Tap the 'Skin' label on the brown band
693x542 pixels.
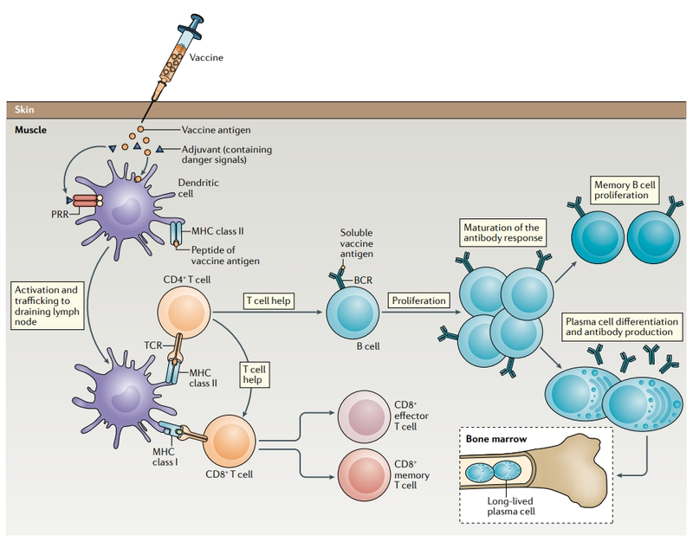click(x=25, y=109)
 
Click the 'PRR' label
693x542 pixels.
click(x=40, y=209)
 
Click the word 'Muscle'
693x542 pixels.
click(x=32, y=129)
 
